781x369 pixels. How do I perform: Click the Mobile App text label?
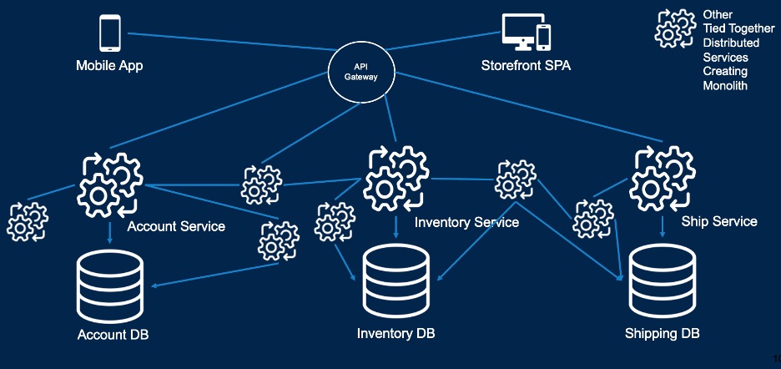[109, 65]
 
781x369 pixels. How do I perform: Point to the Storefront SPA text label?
[526, 65]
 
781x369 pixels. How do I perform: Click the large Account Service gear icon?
[110, 184]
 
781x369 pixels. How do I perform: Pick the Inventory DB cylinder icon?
[396, 284]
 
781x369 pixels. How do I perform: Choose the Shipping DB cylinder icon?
[662, 284]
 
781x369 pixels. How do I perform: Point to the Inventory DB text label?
[396, 334]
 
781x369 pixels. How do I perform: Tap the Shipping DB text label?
[662, 334]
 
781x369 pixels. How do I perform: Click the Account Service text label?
[176, 226]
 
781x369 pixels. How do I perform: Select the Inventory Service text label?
[466, 222]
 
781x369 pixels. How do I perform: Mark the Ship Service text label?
[719, 221]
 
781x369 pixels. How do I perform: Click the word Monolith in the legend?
[725, 85]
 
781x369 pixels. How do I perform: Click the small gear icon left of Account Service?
[28, 221]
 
